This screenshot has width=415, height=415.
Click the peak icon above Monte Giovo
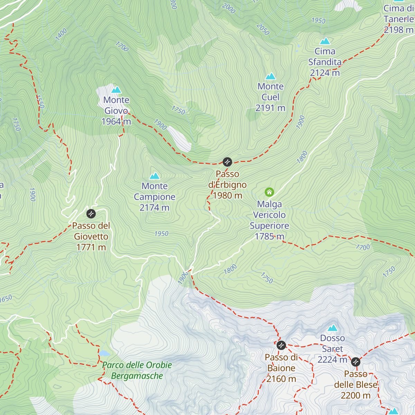coord(116,90)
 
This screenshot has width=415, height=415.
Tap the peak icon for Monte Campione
coord(155,176)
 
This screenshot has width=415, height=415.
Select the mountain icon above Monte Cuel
coord(270,76)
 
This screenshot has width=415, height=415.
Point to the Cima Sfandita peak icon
coord(325,41)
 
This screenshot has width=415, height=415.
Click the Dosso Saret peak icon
coord(332,328)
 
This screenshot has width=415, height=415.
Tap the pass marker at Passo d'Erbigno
coord(227,162)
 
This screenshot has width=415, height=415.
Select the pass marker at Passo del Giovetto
coord(91,213)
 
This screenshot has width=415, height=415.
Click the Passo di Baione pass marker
coord(282,345)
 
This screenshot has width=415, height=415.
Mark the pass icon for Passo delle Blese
coord(356,362)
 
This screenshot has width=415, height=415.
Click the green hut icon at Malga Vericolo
coord(269,192)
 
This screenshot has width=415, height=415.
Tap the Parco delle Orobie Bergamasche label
coord(137,370)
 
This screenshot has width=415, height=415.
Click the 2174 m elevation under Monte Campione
coord(154,207)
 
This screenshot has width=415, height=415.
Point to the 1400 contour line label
coord(61,35)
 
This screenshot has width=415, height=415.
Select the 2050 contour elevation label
coord(263,29)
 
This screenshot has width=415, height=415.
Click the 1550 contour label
coord(40,101)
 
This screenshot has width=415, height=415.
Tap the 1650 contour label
coord(6,298)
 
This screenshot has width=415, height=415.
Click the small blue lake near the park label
coord(104,353)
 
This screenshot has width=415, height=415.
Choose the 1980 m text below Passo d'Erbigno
coord(227,195)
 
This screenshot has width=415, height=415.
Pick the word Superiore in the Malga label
coord(269,226)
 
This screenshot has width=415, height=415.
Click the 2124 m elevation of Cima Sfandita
coord(325,73)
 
